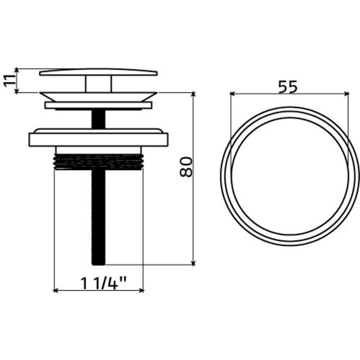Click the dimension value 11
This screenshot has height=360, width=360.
[x=8, y=80]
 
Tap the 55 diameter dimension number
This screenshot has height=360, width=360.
[x=288, y=86]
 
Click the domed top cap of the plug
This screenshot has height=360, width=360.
[x=99, y=73]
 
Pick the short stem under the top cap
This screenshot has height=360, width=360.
[x=99, y=84]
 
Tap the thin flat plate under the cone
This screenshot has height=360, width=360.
[x=99, y=105]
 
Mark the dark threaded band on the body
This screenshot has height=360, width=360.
[x=99, y=161]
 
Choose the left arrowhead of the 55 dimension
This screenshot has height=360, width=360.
[x=232, y=94]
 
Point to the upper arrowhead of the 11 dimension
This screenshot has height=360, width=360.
[x=17, y=70]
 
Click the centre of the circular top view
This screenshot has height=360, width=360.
[x=290, y=176]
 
